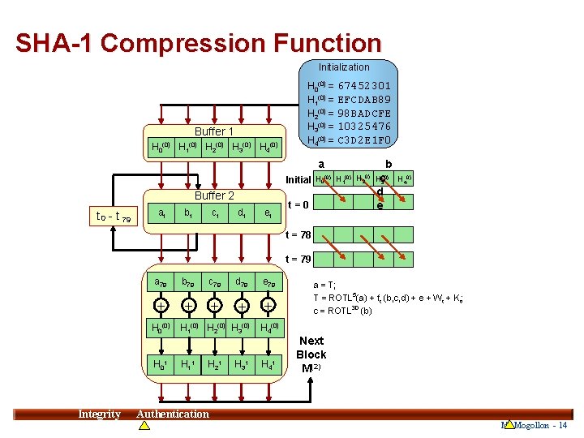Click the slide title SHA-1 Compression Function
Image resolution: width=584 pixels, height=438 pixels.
click(x=198, y=43)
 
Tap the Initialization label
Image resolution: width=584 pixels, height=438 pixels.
click(x=343, y=67)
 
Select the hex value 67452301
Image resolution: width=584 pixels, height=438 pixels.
click(x=364, y=85)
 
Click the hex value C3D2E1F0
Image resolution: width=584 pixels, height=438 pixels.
click(x=364, y=140)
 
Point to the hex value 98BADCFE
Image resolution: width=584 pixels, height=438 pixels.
click(x=364, y=113)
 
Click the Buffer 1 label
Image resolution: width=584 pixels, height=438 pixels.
click(x=214, y=131)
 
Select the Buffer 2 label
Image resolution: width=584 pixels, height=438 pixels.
click(x=214, y=195)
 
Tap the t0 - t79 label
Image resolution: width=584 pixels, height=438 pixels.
click(x=113, y=216)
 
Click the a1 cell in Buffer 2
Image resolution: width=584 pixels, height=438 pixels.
click(x=162, y=213)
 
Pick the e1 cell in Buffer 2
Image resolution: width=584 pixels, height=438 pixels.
click(x=268, y=213)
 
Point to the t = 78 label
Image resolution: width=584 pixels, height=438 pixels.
click(x=298, y=235)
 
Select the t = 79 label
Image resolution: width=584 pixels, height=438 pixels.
click(x=298, y=260)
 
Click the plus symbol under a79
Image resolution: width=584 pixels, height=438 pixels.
click(x=162, y=305)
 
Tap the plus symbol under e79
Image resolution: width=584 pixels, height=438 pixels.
click(x=268, y=305)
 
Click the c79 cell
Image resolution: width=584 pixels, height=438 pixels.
click(x=214, y=282)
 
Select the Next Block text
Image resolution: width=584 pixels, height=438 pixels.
click(x=311, y=348)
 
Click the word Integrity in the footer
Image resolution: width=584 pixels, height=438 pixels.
click(x=99, y=414)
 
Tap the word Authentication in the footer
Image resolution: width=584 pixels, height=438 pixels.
click(x=173, y=414)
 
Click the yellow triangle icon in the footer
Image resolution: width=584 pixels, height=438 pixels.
click(x=509, y=425)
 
